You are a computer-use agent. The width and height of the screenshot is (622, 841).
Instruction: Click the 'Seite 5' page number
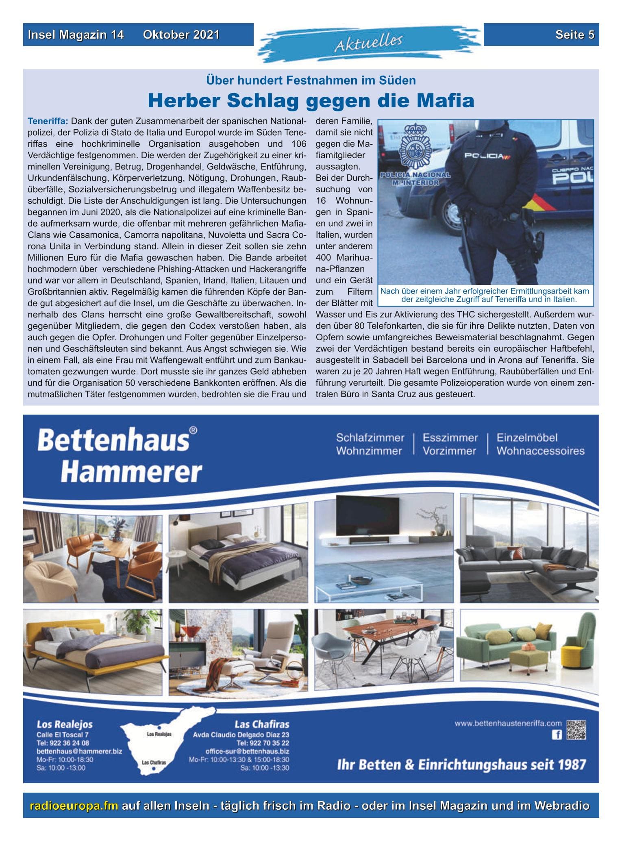click(574, 35)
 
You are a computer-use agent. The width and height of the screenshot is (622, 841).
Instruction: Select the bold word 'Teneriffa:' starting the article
click(48, 121)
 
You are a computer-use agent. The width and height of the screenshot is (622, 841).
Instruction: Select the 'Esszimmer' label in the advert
click(450, 438)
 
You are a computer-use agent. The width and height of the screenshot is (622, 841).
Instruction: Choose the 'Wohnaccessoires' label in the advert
click(540, 451)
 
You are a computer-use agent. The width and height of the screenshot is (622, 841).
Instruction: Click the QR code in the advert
click(576, 730)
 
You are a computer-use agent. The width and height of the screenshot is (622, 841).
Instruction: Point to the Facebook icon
click(556, 735)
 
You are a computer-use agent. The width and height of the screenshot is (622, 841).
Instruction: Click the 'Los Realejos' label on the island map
click(159, 735)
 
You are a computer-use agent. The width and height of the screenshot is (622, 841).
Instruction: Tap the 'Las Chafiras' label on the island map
click(154, 763)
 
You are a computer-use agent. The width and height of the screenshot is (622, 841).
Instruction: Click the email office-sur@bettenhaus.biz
click(247, 751)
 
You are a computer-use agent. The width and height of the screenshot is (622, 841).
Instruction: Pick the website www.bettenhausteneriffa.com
click(508, 724)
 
